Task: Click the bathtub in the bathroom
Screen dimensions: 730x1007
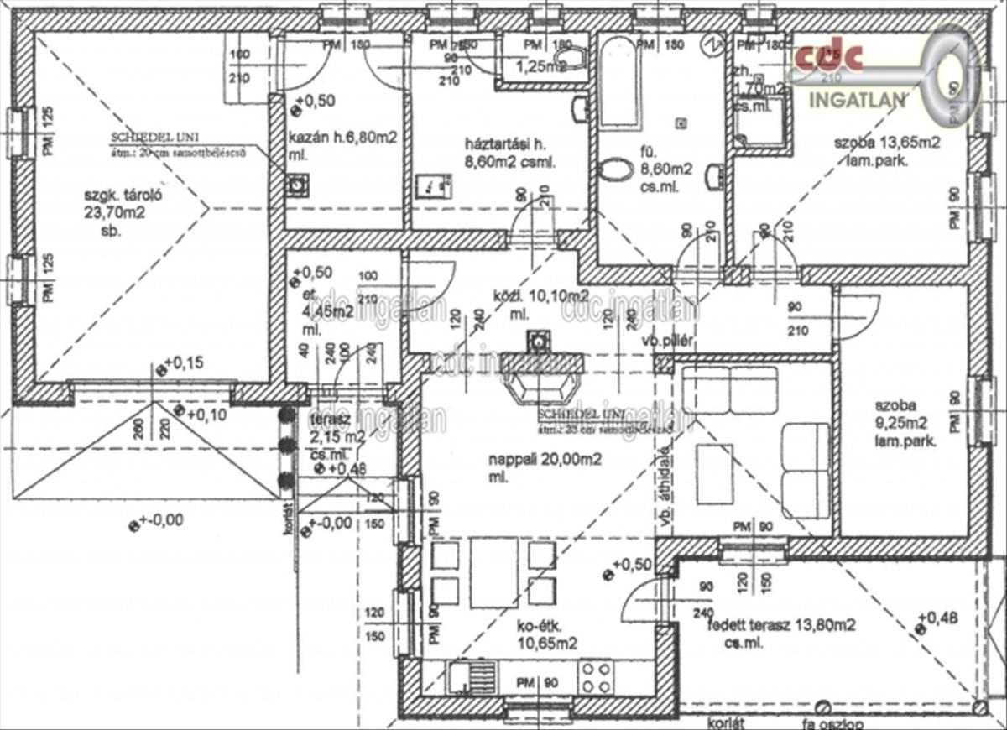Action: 619,82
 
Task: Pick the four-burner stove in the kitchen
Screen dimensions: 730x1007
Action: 597,677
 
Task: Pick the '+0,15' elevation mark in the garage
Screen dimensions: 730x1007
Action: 190,363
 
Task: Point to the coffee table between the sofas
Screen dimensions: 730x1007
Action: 715,474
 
